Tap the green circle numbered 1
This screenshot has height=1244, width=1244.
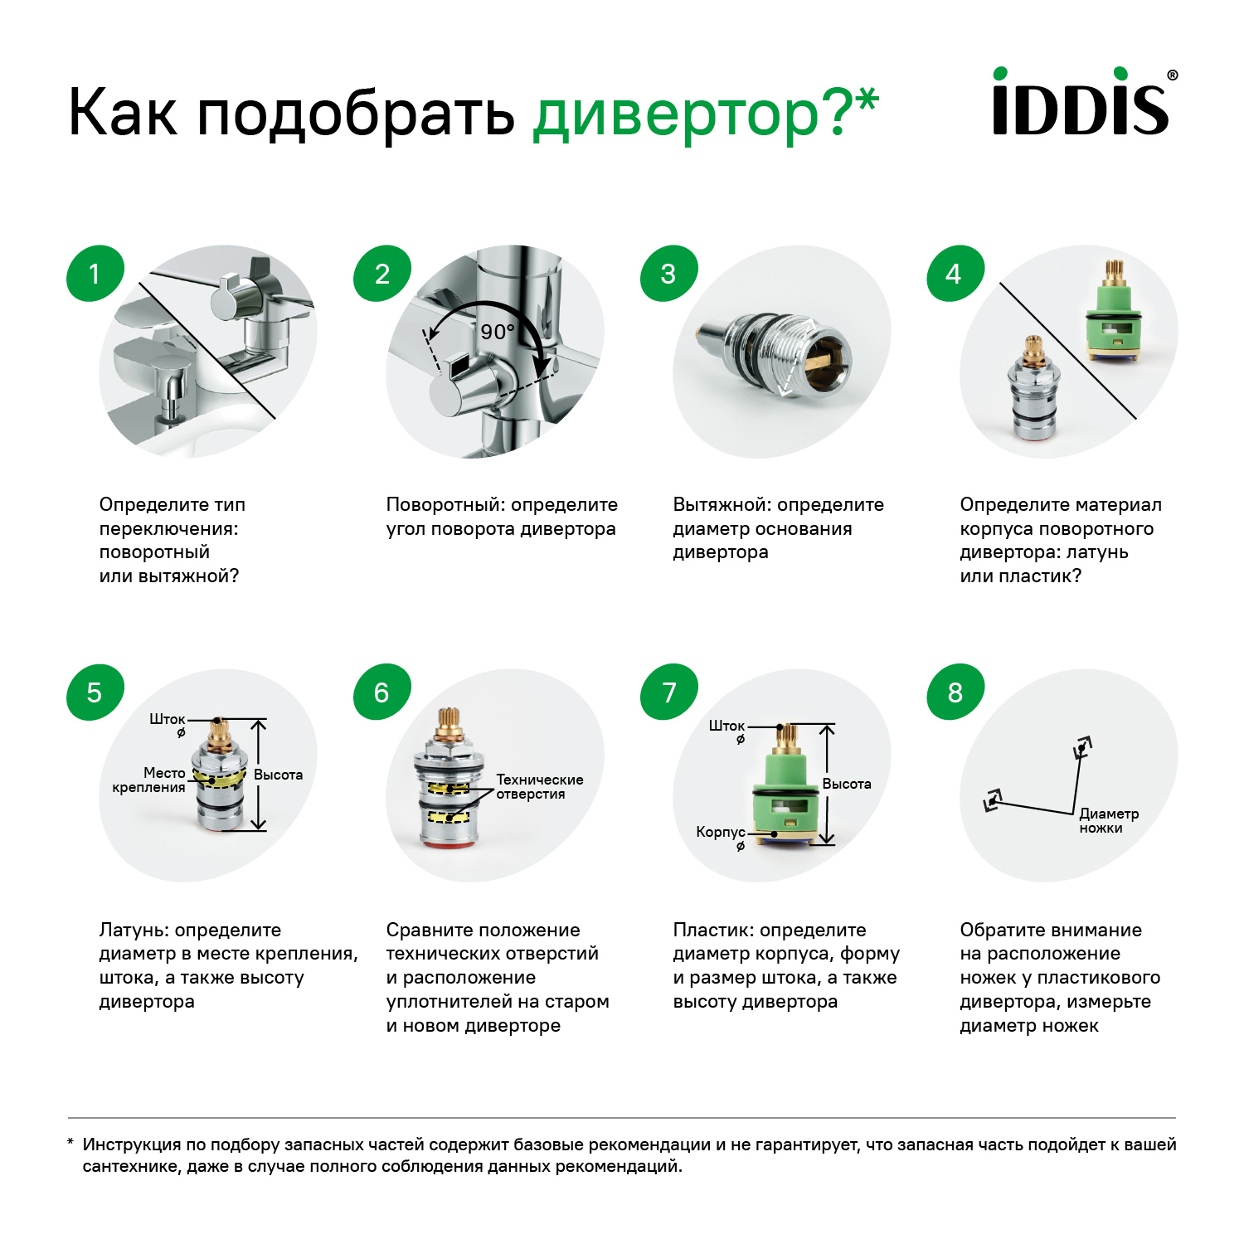95,274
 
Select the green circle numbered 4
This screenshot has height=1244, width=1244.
955,274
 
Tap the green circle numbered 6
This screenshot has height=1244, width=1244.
381,692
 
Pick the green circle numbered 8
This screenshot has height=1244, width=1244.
955,692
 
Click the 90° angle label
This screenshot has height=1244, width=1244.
498,332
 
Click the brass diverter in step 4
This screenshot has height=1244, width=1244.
1033,390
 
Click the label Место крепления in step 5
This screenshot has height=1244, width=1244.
150,780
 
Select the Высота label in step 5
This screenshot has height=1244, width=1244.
278,775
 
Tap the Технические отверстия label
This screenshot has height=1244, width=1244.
539,787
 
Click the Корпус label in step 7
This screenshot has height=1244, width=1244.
720,832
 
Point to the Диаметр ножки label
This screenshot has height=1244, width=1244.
1108,820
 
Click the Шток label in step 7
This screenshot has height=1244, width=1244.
726,726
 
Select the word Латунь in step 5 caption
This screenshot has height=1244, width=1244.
134,931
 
